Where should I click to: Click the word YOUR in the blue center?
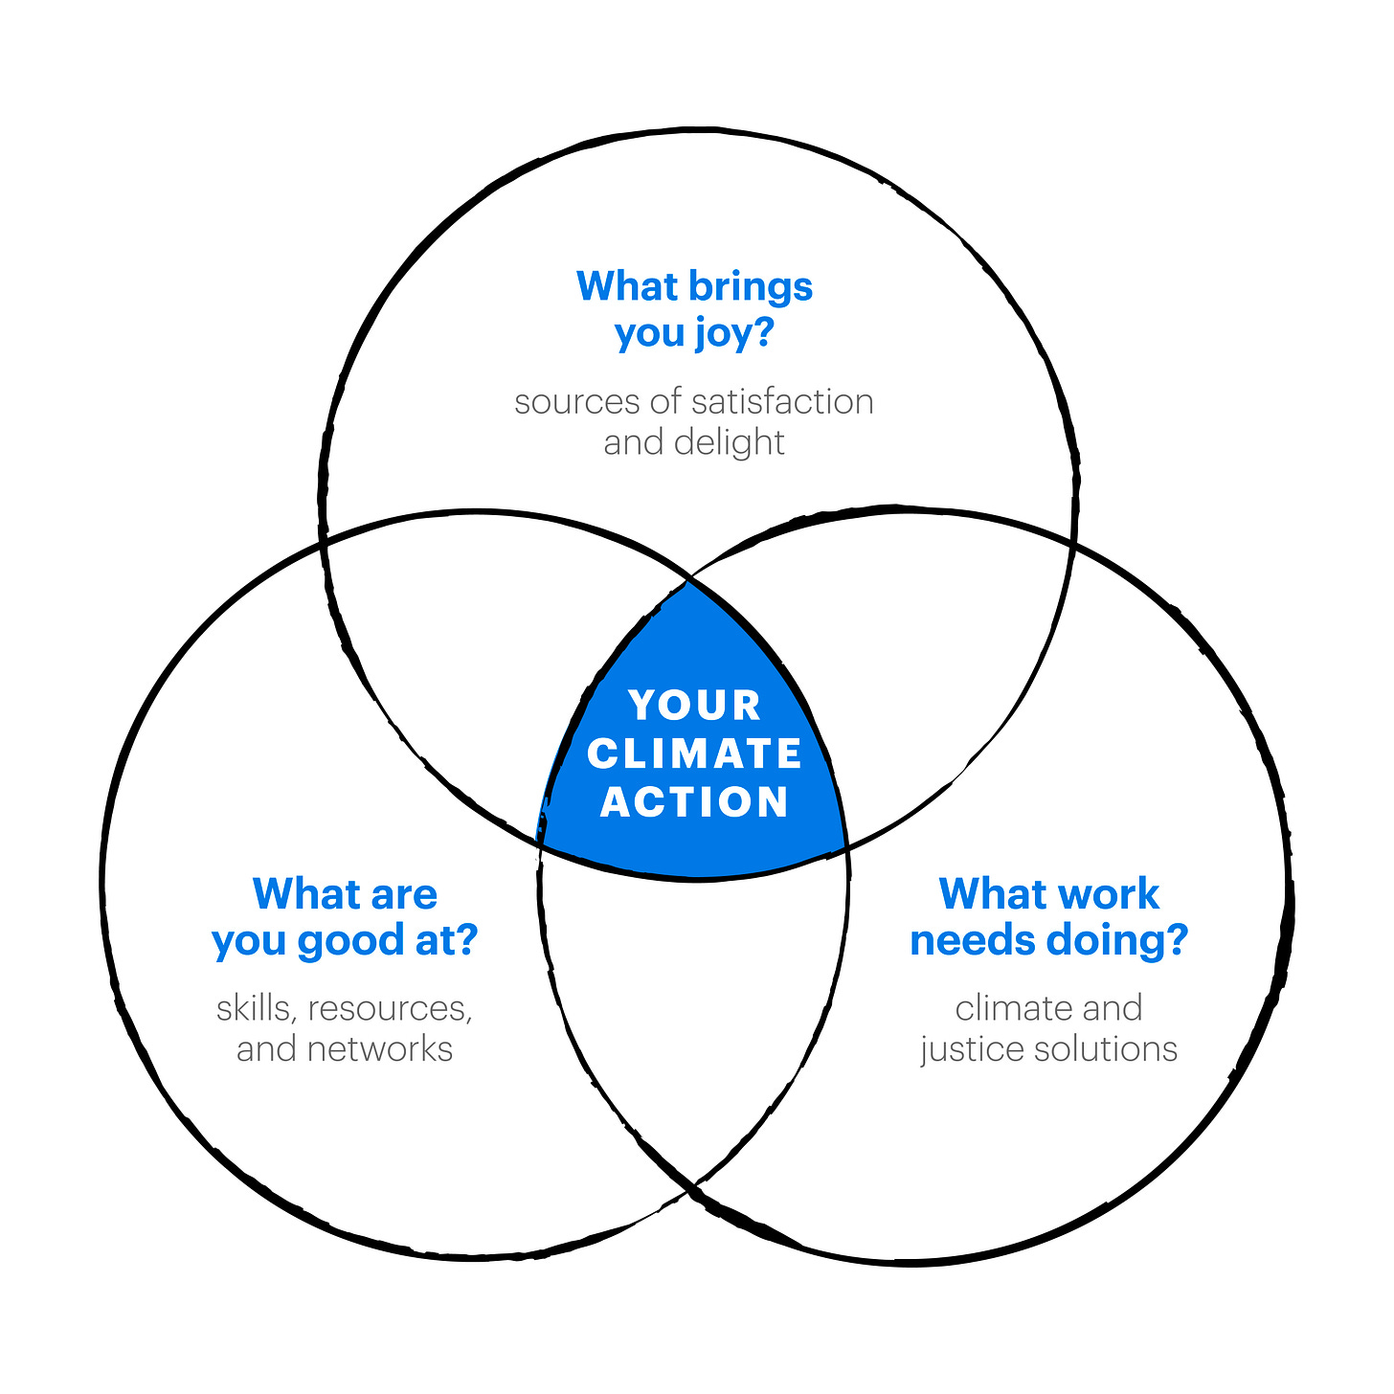point(695,706)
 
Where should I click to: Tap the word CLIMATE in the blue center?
point(695,753)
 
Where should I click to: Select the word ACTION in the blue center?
point(695,802)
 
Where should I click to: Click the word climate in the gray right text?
point(1013,1008)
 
